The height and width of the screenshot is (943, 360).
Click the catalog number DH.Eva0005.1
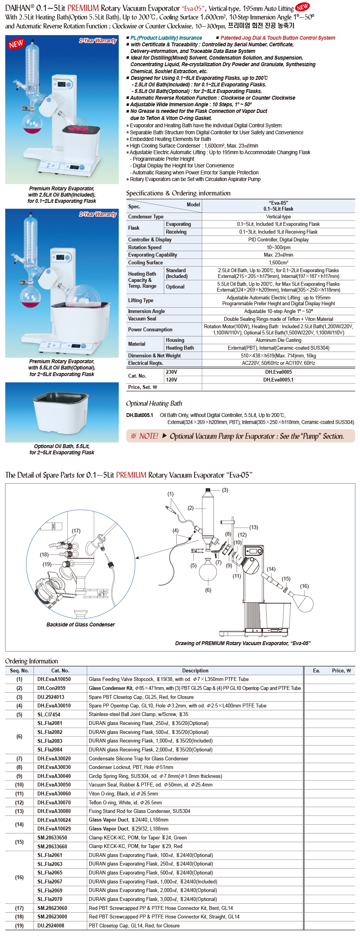pos(278,380)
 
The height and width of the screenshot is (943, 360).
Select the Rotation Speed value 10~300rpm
pos(278,247)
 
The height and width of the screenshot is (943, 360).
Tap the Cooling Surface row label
pos(146,263)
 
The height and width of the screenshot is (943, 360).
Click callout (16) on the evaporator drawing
pos(304,586)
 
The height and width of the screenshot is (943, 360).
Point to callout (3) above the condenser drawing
pos(225,490)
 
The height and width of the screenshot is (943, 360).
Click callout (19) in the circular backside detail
pos(47,564)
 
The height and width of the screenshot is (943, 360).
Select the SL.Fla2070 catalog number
pos(50,899)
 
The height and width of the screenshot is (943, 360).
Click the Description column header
pos(195,670)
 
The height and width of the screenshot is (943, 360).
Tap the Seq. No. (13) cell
pos(19,811)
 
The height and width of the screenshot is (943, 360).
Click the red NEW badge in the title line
pos(302,7)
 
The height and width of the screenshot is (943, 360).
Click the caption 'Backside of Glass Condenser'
pos(81,625)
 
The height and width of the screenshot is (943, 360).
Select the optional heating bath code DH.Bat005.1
pos(140,415)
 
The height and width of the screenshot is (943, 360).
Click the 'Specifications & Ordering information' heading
pos(178,193)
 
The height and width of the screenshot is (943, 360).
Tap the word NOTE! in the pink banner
pos(149,436)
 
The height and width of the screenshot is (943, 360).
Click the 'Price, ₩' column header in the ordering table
pos(341,670)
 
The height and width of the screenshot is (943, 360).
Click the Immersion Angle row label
pos(146,311)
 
